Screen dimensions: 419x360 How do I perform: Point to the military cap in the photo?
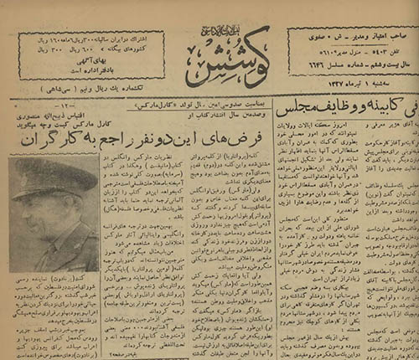point(53,177)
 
